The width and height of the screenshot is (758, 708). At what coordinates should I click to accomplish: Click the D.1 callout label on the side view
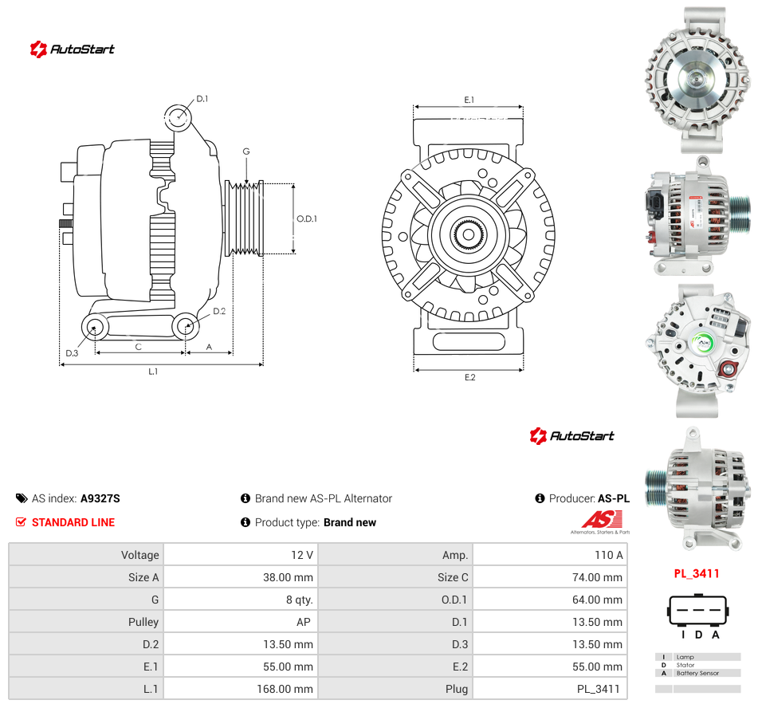tap(202, 99)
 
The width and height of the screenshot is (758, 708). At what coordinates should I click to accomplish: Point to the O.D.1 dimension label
tap(307, 218)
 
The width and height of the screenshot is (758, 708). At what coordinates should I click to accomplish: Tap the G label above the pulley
tap(246, 151)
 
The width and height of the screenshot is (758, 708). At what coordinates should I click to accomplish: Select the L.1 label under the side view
tap(153, 372)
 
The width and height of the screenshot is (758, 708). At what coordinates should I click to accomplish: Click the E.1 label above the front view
tap(469, 100)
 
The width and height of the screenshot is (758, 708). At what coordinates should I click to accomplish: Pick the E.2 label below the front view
tap(470, 377)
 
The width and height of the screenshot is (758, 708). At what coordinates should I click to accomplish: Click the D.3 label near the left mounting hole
tap(72, 353)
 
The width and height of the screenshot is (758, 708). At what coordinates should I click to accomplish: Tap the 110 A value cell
tap(609, 555)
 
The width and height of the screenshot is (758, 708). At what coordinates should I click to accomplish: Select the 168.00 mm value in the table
tap(285, 689)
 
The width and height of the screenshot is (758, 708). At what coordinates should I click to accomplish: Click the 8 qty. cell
tap(299, 600)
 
